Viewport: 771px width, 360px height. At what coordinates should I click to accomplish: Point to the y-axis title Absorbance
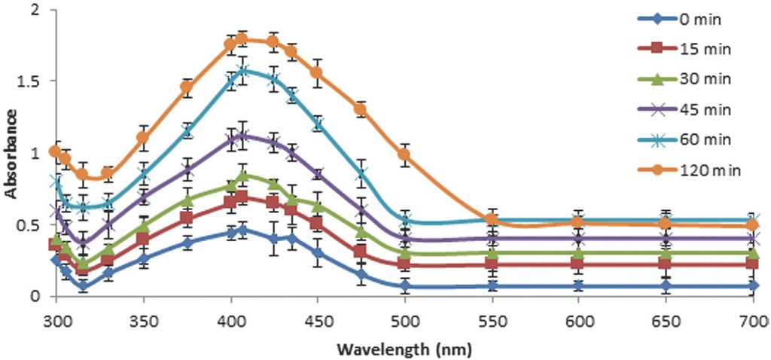pos(11,153)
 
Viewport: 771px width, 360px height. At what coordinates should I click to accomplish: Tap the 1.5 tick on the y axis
pos(30,81)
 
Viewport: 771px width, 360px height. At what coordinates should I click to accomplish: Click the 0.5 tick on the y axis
pos(30,224)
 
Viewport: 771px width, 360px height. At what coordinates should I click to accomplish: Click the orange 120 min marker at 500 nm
pos(404,154)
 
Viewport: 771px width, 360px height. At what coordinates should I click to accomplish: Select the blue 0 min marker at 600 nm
pos(577,286)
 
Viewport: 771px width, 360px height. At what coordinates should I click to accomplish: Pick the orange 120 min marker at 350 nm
pos(142,138)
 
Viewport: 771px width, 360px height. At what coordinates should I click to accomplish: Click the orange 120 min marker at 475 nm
pos(361,109)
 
